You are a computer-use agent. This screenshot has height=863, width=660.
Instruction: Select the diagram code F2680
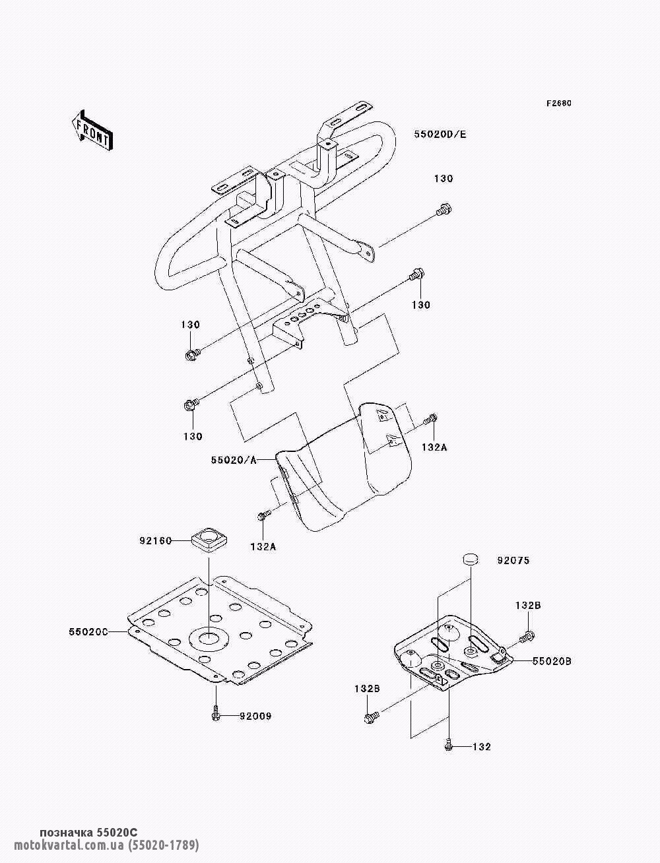click(x=558, y=104)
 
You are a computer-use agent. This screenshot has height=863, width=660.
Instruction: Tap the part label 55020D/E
click(x=440, y=135)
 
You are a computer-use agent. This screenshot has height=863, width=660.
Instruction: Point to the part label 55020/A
click(x=234, y=461)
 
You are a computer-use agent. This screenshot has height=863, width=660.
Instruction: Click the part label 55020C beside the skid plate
click(x=88, y=632)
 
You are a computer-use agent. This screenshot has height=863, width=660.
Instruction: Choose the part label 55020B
click(x=552, y=661)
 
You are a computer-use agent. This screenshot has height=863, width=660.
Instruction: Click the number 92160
click(x=155, y=541)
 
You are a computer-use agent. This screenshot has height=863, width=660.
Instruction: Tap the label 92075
click(x=513, y=560)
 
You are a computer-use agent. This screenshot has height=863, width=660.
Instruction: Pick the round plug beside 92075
click(x=471, y=559)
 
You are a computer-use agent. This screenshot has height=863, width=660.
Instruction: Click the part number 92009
click(x=255, y=717)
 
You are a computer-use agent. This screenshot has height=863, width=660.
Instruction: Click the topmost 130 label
click(x=444, y=179)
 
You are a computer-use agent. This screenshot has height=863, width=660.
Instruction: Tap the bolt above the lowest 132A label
click(x=264, y=515)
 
